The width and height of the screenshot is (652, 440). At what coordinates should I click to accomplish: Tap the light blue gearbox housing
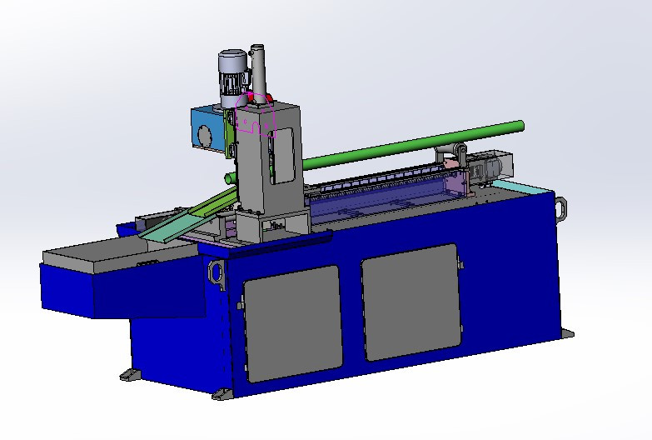[x=207, y=130]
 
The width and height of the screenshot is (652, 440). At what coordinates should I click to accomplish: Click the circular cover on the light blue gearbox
[x=202, y=135]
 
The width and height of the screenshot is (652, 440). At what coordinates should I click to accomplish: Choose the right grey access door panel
[x=411, y=302]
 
